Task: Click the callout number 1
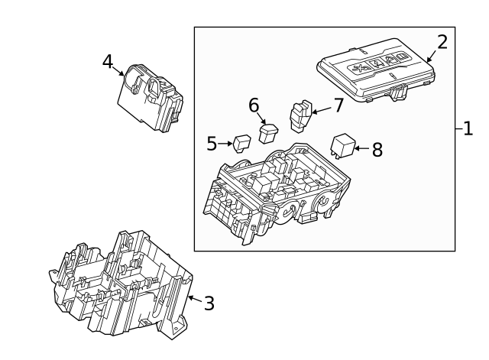468,128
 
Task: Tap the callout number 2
442,42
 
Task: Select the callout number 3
209,303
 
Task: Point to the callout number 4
108,61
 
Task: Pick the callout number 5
212,144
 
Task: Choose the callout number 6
254,105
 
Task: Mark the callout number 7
338,105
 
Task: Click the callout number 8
377,150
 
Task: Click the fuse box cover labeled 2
376,70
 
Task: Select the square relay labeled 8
343,145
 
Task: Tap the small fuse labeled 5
242,144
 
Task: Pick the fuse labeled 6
268,133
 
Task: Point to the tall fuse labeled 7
301,115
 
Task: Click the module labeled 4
151,97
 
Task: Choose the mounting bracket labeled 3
121,285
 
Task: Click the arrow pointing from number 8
361,148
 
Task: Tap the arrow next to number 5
225,144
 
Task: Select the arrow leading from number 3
196,299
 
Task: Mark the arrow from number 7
322,110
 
